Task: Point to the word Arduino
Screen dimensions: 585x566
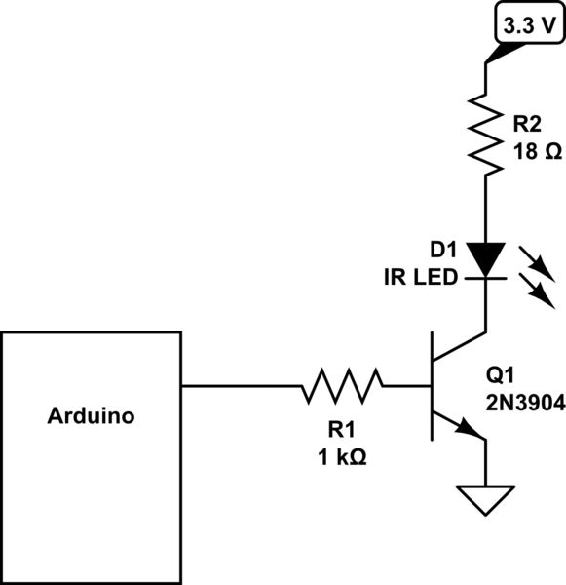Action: [x=91, y=417]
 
